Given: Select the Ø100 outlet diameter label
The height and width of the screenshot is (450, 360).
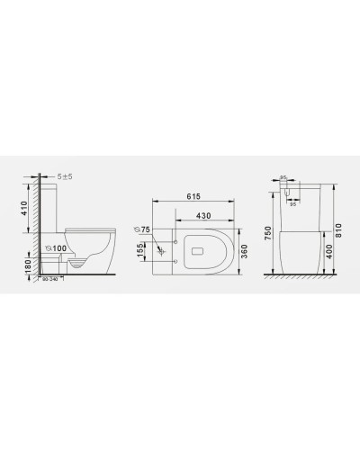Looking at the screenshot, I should pos(58,247).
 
